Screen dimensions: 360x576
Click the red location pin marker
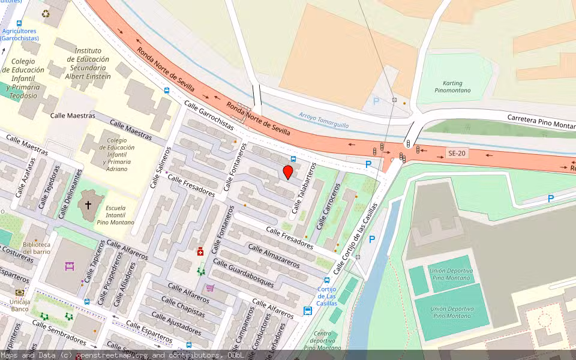(x=288, y=172)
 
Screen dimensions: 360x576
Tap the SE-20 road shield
(x=457, y=154)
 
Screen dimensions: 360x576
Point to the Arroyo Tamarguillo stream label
(x=324, y=119)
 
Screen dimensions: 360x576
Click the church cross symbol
(x=88, y=205)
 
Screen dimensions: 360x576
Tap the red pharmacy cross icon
(x=200, y=252)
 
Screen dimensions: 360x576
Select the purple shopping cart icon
(x=209, y=288)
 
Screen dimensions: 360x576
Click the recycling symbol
(x=46, y=13)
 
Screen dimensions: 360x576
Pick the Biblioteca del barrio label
(x=37, y=248)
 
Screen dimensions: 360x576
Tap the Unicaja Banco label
(x=19, y=304)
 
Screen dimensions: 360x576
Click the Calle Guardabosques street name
(x=243, y=273)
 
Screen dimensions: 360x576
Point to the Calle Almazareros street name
(x=274, y=256)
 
